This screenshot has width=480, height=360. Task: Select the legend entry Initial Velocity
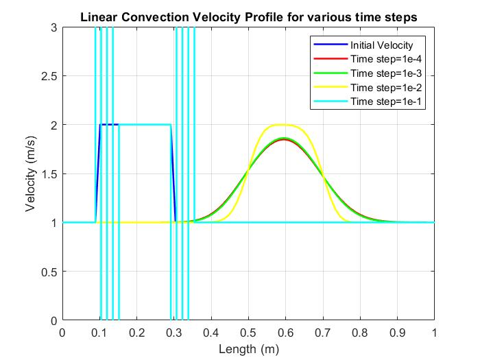(x=381, y=45)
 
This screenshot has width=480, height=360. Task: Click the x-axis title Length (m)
(x=248, y=348)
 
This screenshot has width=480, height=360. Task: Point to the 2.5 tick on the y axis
(x=49, y=75)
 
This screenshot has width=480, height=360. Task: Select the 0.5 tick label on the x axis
(x=248, y=333)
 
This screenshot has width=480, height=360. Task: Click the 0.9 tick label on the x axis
(x=397, y=333)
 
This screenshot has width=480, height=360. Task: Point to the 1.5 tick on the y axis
(x=49, y=173)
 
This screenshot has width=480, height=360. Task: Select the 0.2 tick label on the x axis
(x=136, y=333)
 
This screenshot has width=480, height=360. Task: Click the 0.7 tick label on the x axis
(x=323, y=333)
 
